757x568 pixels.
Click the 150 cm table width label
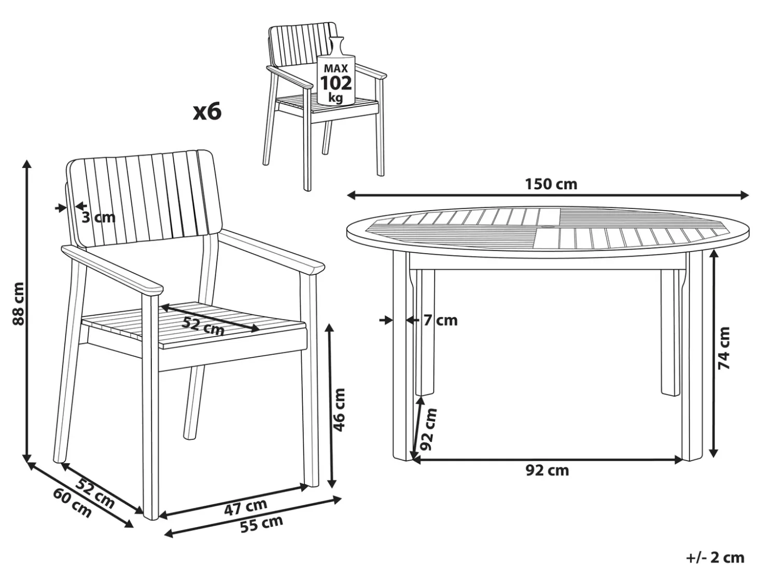click(x=551, y=185)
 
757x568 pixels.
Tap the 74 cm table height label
click(x=724, y=348)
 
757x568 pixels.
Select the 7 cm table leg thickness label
click(x=440, y=321)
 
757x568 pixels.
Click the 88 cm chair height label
click(x=18, y=303)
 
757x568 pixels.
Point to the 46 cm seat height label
click(x=340, y=410)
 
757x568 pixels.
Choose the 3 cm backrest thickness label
click(x=99, y=218)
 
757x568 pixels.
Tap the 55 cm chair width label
click(x=261, y=524)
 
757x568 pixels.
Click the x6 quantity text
click(x=207, y=113)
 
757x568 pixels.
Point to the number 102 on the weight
click(x=336, y=84)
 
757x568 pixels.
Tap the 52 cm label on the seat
click(x=203, y=326)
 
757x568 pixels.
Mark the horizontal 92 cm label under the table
click(x=548, y=470)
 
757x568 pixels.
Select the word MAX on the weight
click(x=336, y=68)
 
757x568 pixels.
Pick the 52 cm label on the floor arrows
click(x=94, y=493)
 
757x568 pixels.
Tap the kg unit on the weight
click(x=335, y=99)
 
